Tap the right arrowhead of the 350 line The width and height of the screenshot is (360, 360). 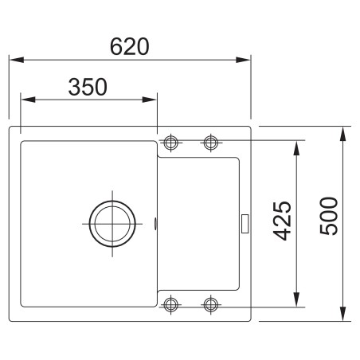coord(153,100)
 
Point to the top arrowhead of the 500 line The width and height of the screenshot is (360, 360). coord(343,131)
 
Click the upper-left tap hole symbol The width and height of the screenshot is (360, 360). coord(171,143)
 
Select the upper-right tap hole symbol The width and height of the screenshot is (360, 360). coord(210,143)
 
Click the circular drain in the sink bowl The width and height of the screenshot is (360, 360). coord(110,222)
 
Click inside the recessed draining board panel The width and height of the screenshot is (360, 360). coord(199,223)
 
